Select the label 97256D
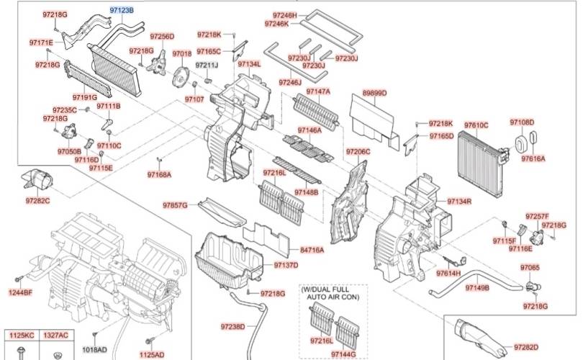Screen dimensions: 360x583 coord(162,37)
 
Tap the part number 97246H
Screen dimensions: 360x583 coord(285,14)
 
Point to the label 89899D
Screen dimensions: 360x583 coord(374,94)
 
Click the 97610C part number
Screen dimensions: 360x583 coord(476,125)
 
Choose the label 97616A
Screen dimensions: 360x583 coord(533,158)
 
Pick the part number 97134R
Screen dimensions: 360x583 coord(458,201)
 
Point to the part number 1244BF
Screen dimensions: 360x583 coord(21,292)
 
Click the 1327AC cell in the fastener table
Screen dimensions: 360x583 coord(55,336)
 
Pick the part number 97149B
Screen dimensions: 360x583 coord(476,288)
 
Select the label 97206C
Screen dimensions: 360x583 coord(358,152)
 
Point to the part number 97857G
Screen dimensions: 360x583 coord(174,205)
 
